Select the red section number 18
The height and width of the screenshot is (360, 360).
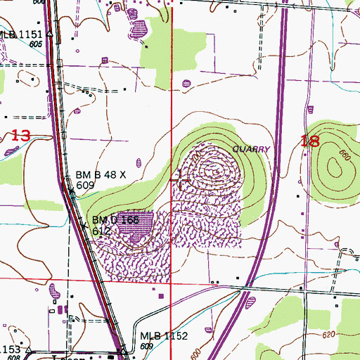click(x=309, y=141)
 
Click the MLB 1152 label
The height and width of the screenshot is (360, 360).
click(x=163, y=336)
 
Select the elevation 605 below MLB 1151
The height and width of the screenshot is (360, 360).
click(x=37, y=44)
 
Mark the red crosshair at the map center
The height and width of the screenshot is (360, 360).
click(x=181, y=181)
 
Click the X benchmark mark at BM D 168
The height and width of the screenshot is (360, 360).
click(x=85, y=226)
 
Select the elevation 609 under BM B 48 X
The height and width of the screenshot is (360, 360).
click(x=86, y=185)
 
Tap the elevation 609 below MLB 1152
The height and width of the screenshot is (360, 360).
click(x=147, y=347)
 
